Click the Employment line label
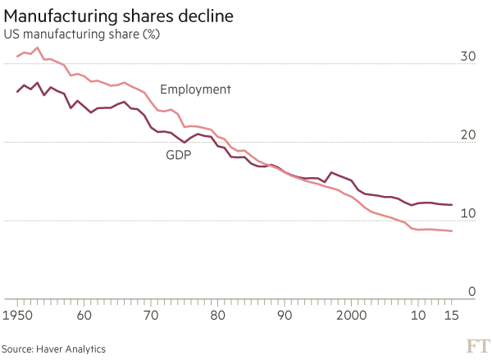tap(196, 89)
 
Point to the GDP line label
tap(178, 153)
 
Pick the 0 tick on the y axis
tap(472, 292)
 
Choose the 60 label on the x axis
tap(84, 315)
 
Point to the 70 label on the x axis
tap(150, 315)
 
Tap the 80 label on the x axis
tap(217, 315)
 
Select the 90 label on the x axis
tap(284, 315)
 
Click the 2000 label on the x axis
tap(351, 315)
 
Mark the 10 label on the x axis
tap(418, 315)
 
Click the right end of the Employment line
tap(452, 231)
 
